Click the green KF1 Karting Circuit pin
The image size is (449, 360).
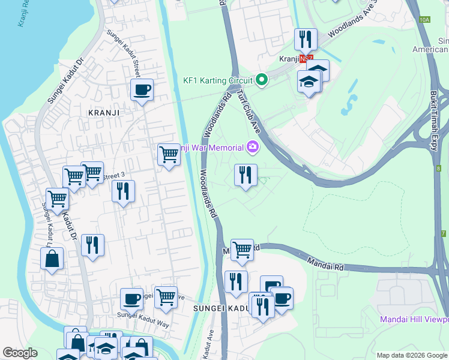click(x=261, y=79)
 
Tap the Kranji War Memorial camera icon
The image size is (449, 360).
click(x=253, y=146)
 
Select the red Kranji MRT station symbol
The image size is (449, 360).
click(x=306, y=59)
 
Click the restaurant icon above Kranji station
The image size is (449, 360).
click(x=306, y=40)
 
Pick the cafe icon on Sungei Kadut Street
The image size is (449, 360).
click(x=142, y=91)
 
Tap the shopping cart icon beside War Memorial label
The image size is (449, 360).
click(x=169, y=155)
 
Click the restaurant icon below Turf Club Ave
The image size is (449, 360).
click(x=246, y=175)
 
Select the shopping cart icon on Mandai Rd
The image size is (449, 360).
click(x=242, y=249)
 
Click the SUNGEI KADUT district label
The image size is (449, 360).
click(x=220, y=308)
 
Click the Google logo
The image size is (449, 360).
click(x=20, y=353)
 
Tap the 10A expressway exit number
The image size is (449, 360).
click(x=424, y=20)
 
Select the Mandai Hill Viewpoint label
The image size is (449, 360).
click(x=414, y=319)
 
